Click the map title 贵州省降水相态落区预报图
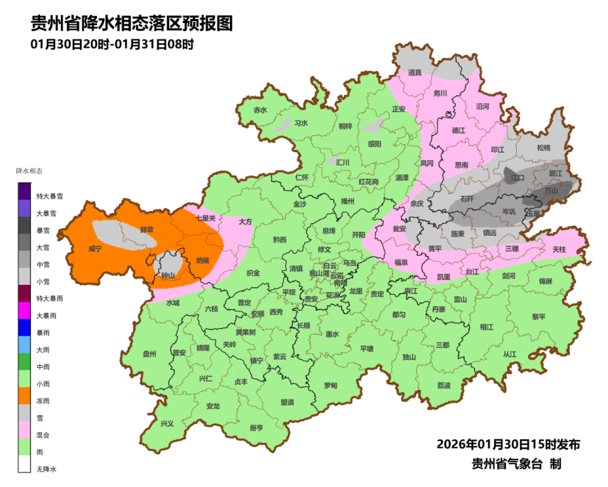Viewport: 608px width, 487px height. (x=132, y=23)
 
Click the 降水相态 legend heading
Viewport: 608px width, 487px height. (x=30, y=171)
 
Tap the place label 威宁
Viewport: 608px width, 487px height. (x=96, y=249)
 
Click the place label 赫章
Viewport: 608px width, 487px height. (x=146, y=230)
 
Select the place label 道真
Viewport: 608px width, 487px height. (x=415, y=72)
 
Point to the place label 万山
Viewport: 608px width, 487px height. (x=552, y=190)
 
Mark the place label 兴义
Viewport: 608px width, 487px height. (x=167, y=424)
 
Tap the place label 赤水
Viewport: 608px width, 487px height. (x=260, y=110)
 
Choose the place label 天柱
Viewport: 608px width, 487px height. (x=559, y=250)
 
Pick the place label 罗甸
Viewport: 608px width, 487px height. (x=331, y=385)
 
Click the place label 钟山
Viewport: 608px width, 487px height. (x=168, y=275)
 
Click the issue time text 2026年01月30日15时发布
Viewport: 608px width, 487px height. (x=508, y=443)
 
